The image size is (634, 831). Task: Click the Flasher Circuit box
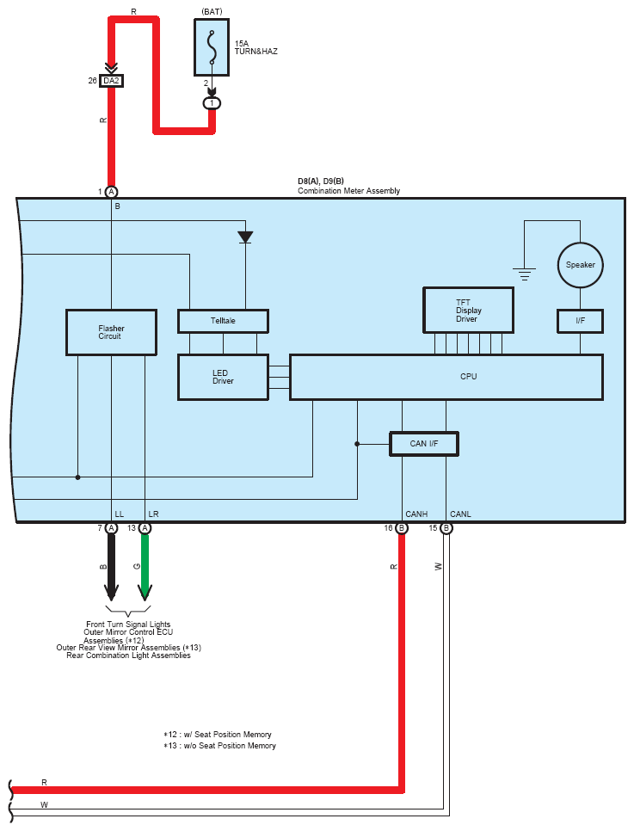[x=111, y=332]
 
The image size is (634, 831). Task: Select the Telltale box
[x=223, y=321]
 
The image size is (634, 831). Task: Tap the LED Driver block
[x=223, y=376]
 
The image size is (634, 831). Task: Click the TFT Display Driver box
[x=468, y=310]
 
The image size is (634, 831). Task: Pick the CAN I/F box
[x=423, y=443]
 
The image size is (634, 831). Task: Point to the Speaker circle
[x=580, y=265]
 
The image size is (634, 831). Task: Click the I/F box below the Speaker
[x=580, y=321]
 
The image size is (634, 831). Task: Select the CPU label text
[x=469, y=377]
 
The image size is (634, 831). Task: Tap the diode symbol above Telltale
[x=245, y=237]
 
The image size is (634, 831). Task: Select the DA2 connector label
[x=111, y=81]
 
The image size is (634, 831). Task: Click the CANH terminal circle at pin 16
[x=402, y=528]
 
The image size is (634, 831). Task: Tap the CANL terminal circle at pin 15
[x=446, y=528]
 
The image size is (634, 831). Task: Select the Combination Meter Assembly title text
[x=348, y=191]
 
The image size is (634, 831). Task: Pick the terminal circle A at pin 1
[x=111, y=192]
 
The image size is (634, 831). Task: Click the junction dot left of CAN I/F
[x=357, y=444]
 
